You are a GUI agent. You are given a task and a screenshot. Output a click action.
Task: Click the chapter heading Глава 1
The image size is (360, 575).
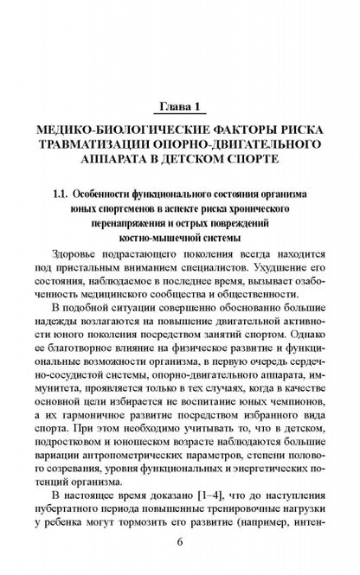point(179,107)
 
